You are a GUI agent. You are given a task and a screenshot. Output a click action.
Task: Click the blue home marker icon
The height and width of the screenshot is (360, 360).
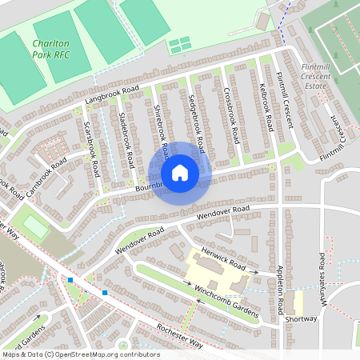point(180,173)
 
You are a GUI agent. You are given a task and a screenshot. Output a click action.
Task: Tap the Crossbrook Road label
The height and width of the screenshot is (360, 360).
point(232,114)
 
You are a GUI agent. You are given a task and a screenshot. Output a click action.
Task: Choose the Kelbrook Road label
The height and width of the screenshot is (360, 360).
point(267,106)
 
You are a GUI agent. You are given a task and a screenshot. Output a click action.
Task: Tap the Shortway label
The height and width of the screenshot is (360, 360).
point(302,318)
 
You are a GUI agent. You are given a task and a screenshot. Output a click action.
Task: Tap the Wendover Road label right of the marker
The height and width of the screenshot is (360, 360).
point(223,212)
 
